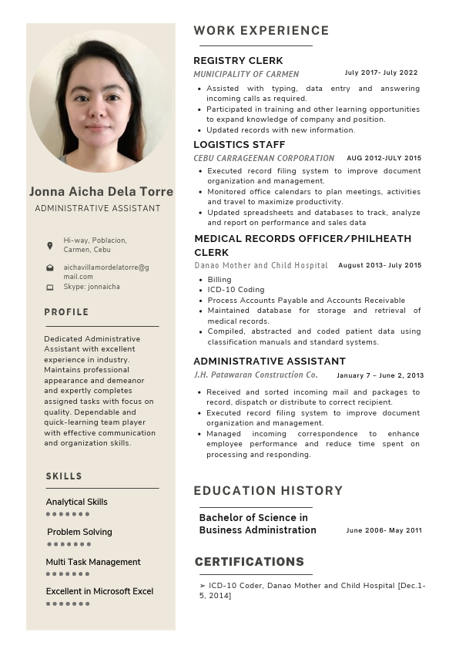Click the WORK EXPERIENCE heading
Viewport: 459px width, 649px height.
[261, 31]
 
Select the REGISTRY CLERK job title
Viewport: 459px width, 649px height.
[238, 60]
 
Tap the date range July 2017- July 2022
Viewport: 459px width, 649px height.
[381, 73]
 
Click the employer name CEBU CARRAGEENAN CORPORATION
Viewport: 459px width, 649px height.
[263, 158]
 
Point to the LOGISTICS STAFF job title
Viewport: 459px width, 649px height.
[239, 144]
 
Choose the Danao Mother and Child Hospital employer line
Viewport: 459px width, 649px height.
[261, 265]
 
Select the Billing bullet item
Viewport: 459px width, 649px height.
[219, 280]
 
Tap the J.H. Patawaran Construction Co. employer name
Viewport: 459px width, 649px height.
[256, 375]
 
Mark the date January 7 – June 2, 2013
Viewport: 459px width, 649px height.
[380, 376]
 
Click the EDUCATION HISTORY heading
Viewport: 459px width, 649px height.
[268, 490]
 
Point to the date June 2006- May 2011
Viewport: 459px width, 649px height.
[384, 530]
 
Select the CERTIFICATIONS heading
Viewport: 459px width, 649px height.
[250, 562]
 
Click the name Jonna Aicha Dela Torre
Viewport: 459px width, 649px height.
[101, 191]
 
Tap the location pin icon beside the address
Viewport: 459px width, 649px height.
[50, 245]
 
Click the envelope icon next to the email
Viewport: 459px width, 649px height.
[50, 267]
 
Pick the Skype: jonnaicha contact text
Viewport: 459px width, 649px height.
[92, 287]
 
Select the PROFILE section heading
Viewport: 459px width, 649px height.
[66, 312]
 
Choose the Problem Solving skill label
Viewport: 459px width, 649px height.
[79, 532]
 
